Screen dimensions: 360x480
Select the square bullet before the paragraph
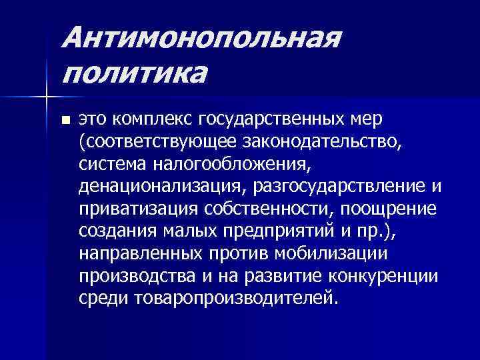click(65, 121)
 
